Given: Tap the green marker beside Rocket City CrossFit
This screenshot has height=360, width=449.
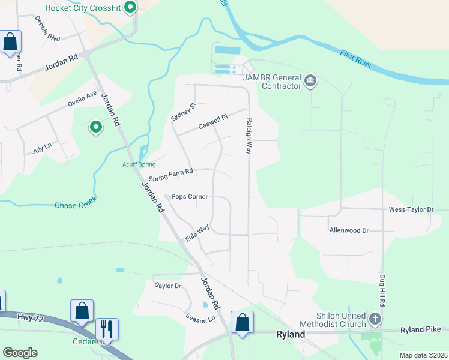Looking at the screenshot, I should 130,8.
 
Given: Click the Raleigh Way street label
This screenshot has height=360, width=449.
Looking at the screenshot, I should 248,136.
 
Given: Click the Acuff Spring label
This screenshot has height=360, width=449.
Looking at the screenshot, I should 139,164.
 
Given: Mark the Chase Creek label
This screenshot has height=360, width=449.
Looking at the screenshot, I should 75,205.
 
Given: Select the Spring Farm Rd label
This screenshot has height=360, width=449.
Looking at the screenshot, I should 170,175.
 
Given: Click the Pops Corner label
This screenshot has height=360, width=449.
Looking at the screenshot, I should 189,196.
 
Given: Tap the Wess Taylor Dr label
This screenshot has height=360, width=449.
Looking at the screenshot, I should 411,209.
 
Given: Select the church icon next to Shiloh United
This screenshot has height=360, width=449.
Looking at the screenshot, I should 375,319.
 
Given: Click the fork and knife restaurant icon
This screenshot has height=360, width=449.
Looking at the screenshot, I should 107,329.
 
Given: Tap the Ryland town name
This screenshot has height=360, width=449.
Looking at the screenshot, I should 290,334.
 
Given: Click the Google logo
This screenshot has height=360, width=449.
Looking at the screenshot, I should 20,352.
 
